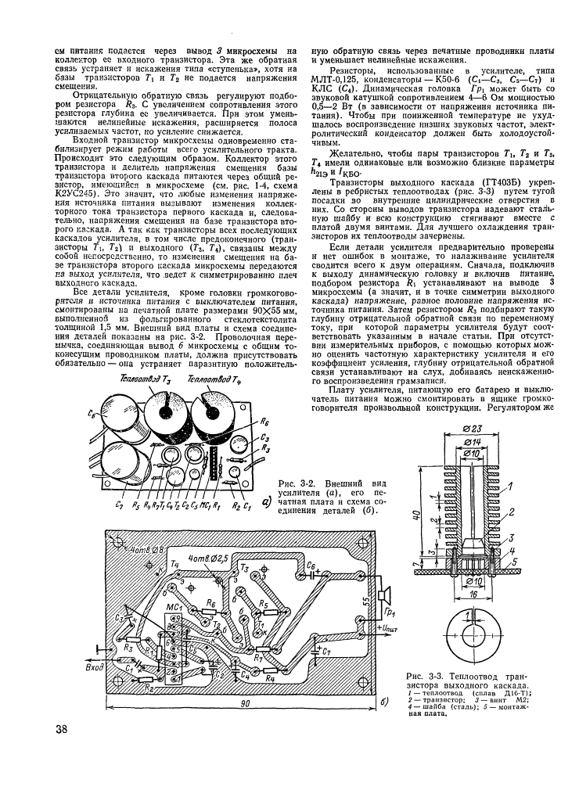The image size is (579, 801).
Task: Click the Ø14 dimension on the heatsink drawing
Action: point(469,443)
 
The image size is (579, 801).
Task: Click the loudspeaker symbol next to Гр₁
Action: point(381,593)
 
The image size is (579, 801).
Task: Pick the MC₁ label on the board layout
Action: point(173,606)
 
